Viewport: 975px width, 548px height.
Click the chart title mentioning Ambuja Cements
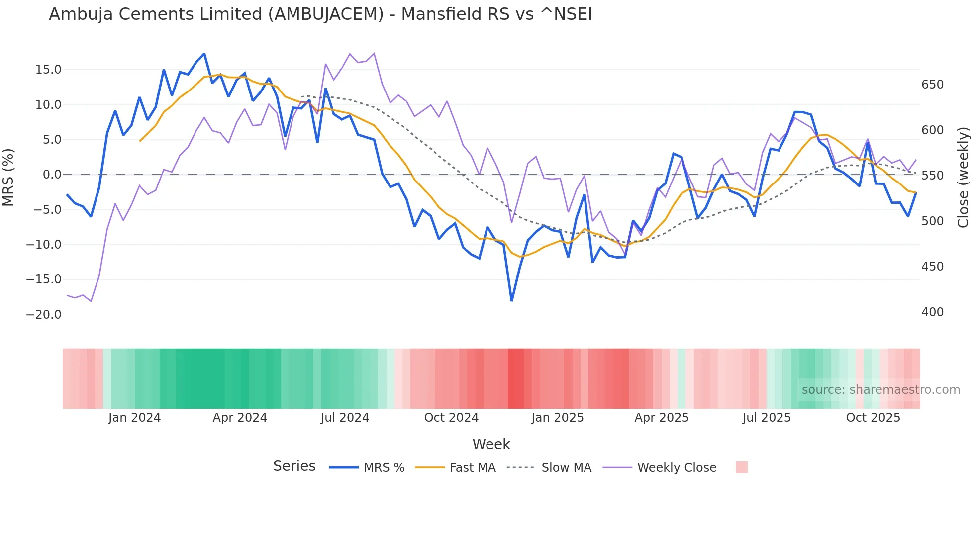[320, 14]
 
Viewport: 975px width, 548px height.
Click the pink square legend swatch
[741, 467]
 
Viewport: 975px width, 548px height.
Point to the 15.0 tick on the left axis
[48, 70]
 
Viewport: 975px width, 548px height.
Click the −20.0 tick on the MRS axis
[44, 315]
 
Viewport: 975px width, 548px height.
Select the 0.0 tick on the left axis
[52, 175]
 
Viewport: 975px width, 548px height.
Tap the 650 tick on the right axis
[932, 85]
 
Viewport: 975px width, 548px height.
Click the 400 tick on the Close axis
[932, 312]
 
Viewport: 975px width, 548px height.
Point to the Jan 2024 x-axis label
[134, 418]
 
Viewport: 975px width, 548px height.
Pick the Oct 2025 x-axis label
[873, 418]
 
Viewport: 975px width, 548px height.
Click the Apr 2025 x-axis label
[662, 418]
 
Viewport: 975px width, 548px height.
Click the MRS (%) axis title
[8, 177]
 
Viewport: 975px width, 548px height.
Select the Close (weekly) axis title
[963, 177]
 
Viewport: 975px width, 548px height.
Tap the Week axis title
[491, 444]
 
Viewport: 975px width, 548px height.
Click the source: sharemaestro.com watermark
[880, 390]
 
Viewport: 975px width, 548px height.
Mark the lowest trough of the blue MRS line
[511, 300]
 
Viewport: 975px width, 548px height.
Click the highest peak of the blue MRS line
[204, 54]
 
